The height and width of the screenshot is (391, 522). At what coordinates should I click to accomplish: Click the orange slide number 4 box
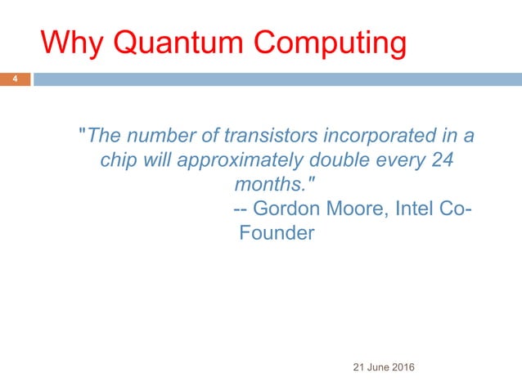click(x=14, y=79)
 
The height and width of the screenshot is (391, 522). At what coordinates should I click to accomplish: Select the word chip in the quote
click(x=117, y=160)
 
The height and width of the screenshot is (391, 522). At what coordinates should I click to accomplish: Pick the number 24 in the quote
click(x=442, y=160)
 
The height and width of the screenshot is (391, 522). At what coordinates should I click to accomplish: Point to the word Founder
click(x=277, y=233)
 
